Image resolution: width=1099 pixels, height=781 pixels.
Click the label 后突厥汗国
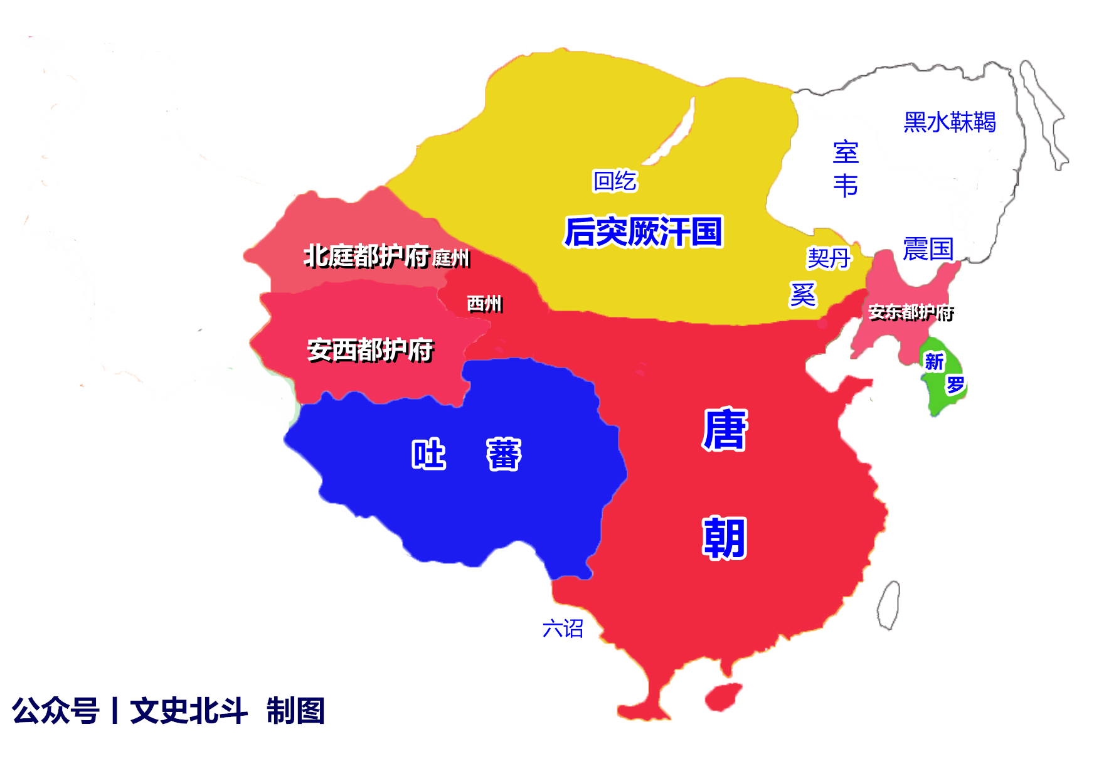pyautogui.click(x=643, y=232)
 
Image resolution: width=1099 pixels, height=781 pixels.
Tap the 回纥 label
pyautogui.click(x=615, y=181)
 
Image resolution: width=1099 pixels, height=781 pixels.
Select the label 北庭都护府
pyautogui.click(x=366, y=256)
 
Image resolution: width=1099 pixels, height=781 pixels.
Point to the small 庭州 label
pyautogui.click(x=451, y=258)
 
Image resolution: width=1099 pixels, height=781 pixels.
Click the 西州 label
pyautogui.click(x=484, y=304)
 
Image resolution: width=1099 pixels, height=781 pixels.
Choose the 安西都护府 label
pyautogui.click(x=370, y=350)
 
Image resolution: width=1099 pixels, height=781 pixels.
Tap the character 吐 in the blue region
pyautogui.click(x=428, y=454)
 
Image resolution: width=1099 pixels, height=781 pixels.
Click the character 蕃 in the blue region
pyautogui.click(x=504, y=454)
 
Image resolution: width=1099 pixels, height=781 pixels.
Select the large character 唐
pyautogui.click(x=725, y=430)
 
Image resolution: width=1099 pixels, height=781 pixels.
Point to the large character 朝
pyautogui.click(x=725, y=538)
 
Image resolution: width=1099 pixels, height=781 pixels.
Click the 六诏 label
pyautogui.click(x=563, y=628)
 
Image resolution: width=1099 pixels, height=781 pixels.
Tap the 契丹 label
pyautogui.click(x=829, y=258)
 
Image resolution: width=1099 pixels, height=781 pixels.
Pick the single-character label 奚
pyautogui.click(x=803, y=295)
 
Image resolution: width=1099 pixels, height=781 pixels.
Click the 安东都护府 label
pyautogui.click(x=911, y=312)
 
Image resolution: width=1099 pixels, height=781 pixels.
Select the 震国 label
pyautogui.click(x=928, y=249)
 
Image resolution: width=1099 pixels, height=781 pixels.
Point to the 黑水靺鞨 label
pyautogui.click(x=949, y=122)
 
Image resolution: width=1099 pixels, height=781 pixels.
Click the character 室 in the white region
pyautogui.click(x=846, y=152)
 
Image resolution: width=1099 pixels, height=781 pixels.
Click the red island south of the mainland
pyautogui.click(x=724, y=696)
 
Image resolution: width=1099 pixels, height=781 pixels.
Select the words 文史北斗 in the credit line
pyautogui.click(x=188, y=711)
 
